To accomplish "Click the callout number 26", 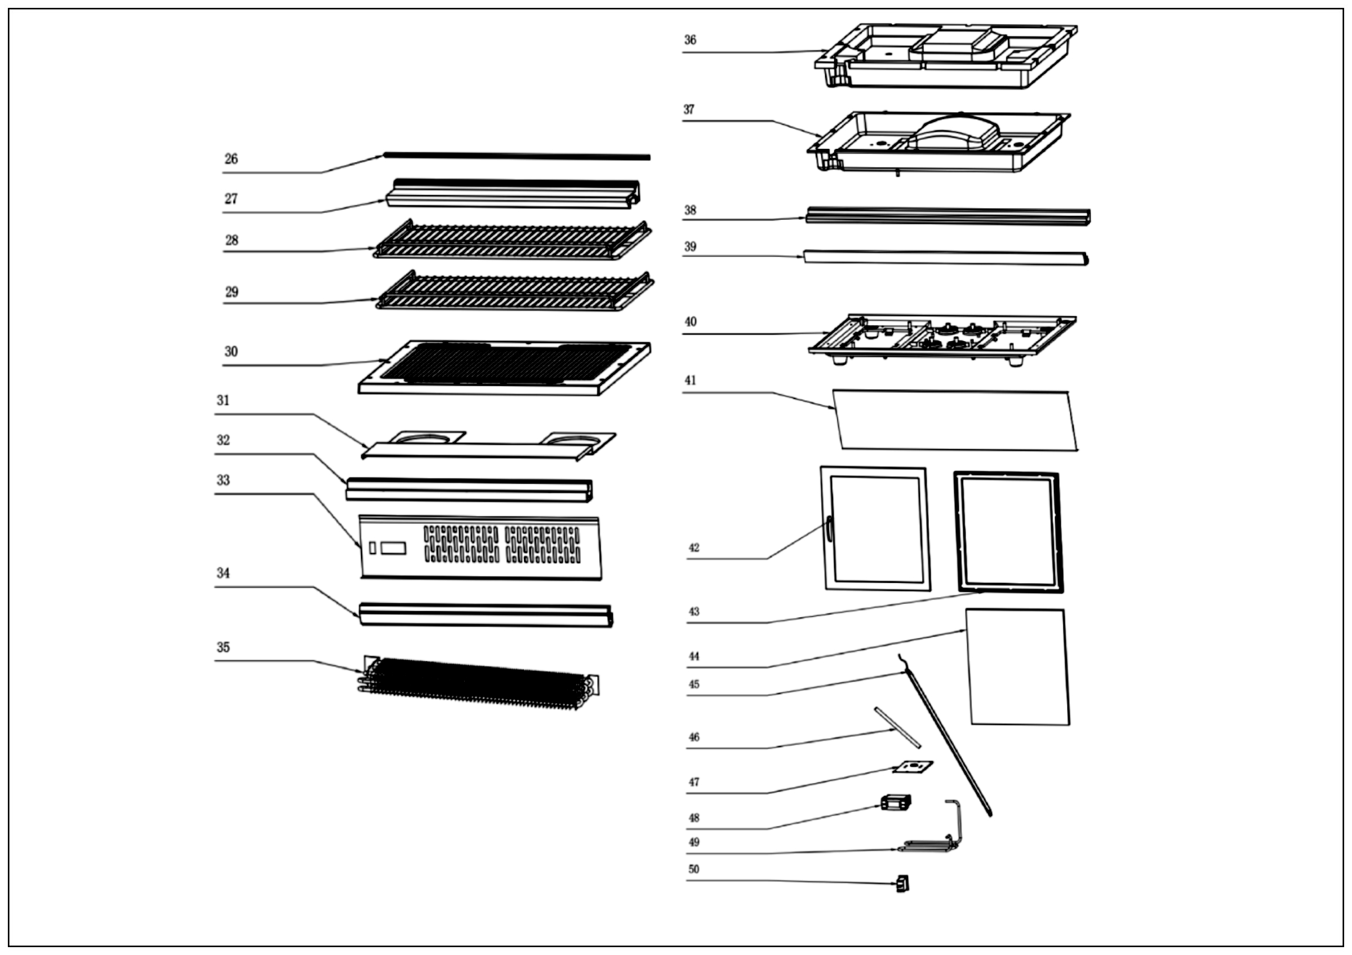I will coord(231,159).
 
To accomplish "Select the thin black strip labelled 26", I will coord(517,156).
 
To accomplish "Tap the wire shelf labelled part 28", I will coord(512,240).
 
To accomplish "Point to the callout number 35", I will coord(223,647).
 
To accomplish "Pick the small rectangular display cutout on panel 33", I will coord(393,548).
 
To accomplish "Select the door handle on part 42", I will coord(828,527).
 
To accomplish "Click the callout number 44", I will coord(693,656).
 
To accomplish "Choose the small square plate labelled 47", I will coord(913,767).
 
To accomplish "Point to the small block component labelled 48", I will coord(896,802).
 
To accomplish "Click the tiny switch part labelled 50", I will coord(902,884).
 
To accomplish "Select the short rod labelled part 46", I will coord(897,728).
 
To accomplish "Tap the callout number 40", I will coord(690,322).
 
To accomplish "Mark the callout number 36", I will coord(690,40).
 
